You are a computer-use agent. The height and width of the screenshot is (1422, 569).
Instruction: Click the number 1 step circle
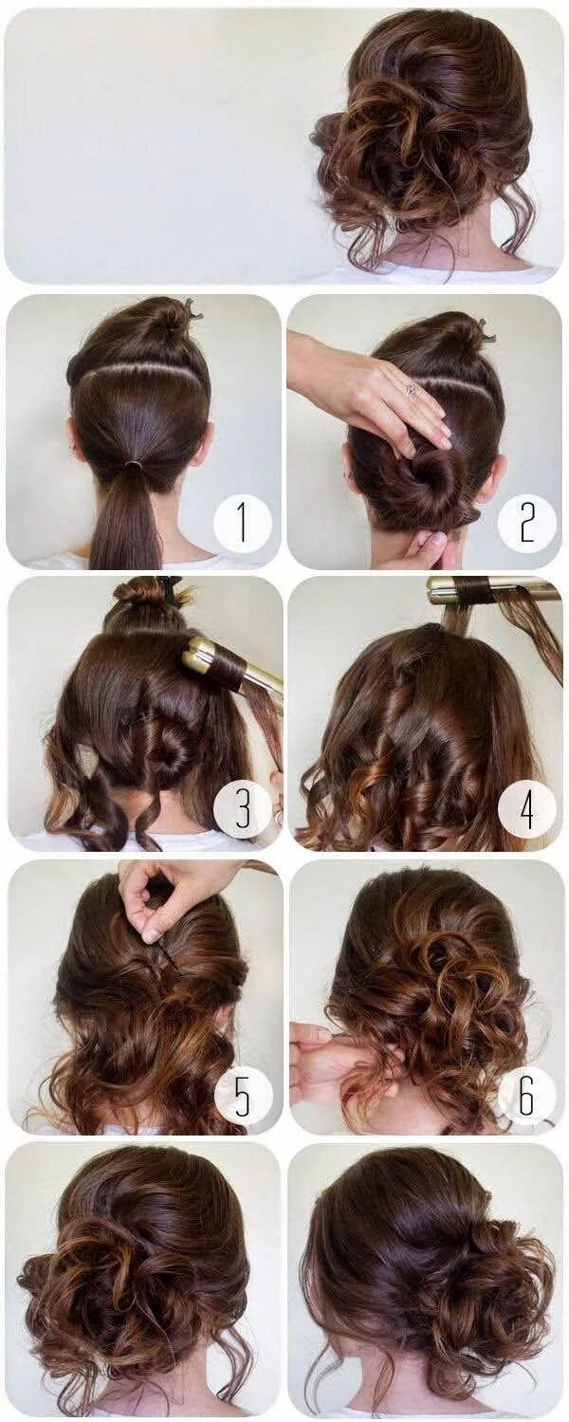pyautogui.click(x=242, y=524)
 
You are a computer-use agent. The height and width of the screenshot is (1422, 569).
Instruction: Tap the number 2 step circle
pyautogui.click(x=526, y=523)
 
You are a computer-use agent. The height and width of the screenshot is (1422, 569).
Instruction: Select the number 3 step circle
pyautogui.click(x=242, y=808)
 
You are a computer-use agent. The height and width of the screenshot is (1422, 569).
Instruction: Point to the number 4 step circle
pyautogui.click(x=526, y=808)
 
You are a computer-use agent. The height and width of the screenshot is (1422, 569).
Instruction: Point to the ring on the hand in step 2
pyautogui.click(x=410, y=390)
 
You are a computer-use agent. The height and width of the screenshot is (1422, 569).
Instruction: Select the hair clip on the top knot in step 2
pyautogui.click(x=485, y=330)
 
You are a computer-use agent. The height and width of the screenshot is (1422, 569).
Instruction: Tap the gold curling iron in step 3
pyautogui.click(x=228, y=665)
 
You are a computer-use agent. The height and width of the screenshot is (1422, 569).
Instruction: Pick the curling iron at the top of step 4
pyautogui.click(x=493, y=590)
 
